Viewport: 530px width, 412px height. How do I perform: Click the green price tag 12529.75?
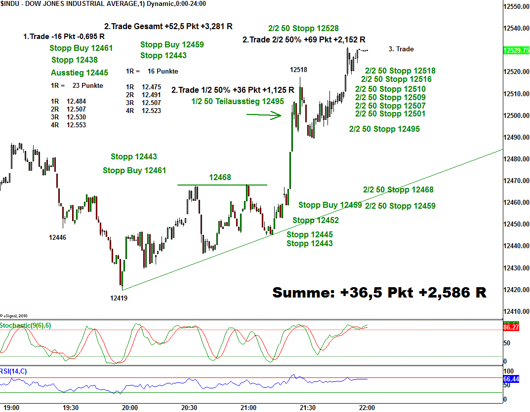516,50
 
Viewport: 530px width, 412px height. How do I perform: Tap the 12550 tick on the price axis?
516,6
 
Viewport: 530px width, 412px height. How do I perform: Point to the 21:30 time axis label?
308,408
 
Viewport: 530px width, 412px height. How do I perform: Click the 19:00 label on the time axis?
11,408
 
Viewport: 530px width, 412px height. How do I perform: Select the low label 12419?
120,298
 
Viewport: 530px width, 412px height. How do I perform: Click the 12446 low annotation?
57,237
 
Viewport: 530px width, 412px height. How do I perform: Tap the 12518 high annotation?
298,70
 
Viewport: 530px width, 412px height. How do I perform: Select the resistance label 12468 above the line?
220,177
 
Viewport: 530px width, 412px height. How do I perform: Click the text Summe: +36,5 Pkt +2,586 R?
379,293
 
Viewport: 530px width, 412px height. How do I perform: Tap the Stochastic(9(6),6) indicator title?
25,325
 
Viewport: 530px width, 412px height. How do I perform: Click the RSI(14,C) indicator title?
14,371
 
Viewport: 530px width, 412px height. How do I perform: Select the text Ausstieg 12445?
80,73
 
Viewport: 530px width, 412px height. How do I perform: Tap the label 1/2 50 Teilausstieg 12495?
238,101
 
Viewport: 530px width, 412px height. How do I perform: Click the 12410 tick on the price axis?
516,311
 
